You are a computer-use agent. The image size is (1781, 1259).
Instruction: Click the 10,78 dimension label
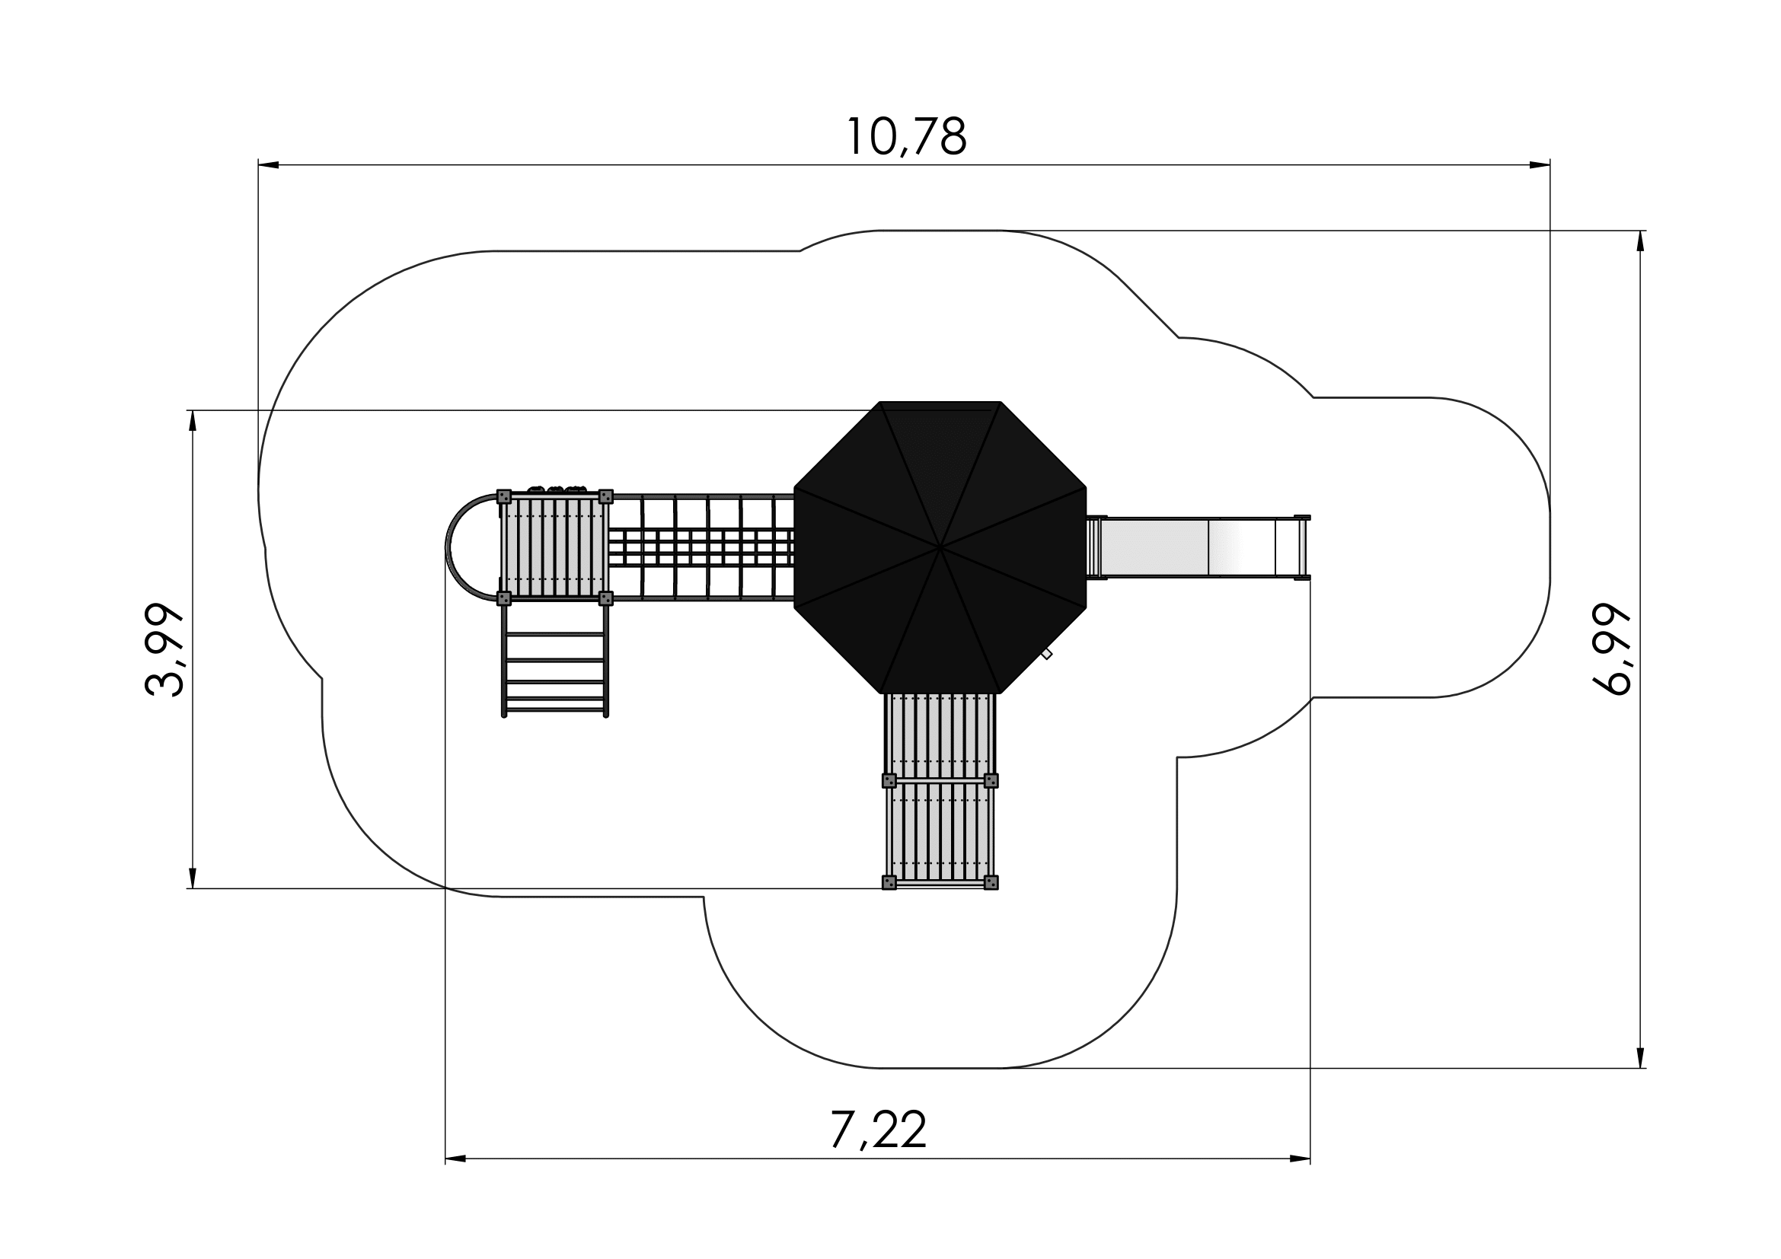click(906, 137)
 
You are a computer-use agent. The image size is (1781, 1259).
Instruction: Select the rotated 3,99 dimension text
click(165, 649)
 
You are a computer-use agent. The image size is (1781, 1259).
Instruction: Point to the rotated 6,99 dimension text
click(1611, 649)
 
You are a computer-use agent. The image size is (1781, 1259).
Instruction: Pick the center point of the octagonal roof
click(940, 547)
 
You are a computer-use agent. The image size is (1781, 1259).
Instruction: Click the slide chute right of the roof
click(1199, 547)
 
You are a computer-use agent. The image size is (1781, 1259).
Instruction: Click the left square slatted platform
click(554, 547)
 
